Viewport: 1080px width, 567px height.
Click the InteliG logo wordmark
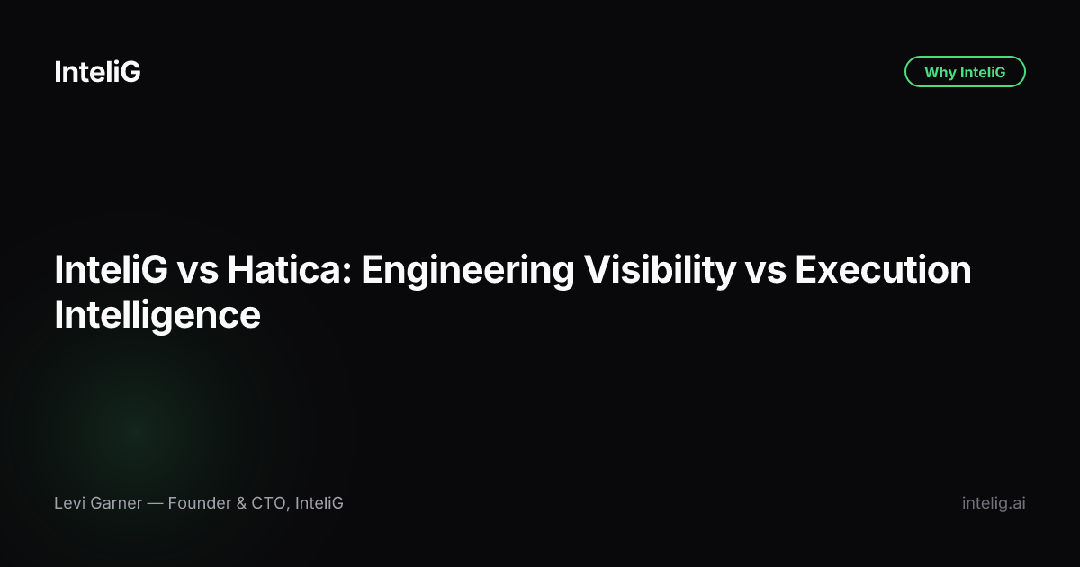click(x=97, y=72)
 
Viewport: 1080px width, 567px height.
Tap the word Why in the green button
click(x=940, y=72)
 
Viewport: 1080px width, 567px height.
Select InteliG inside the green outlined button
click(x=983, y=72)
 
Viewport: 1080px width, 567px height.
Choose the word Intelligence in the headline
click(x=157, y=316)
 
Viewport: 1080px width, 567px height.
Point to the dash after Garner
click(x=155, y=503)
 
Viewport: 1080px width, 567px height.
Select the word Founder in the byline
click(x=200, y=503)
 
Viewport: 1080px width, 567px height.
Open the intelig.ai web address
click(x=994, y=503)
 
